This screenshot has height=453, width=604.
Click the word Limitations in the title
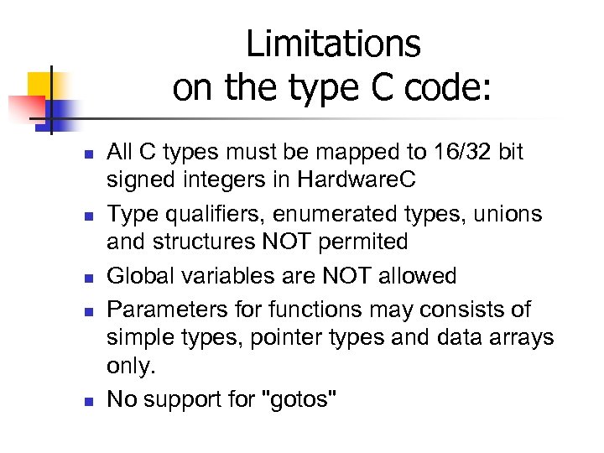[333, 44]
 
